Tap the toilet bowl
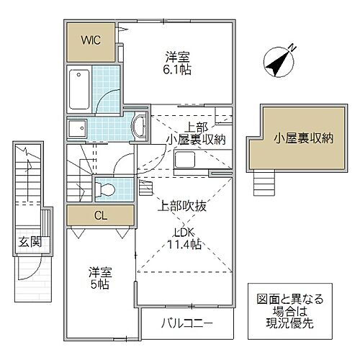(x=105, y=190)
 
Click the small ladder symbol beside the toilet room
(x=144, y=189)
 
